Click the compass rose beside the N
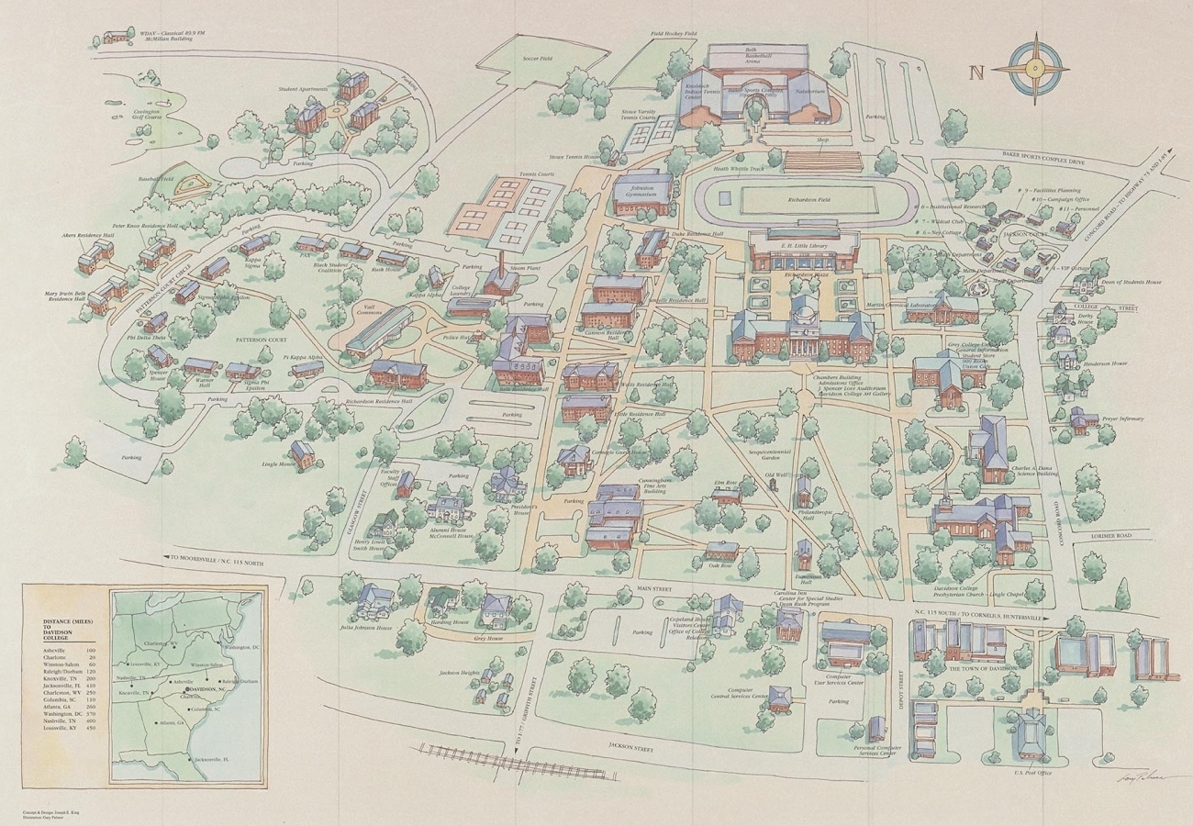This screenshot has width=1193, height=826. pyautogui.click(x=1035, y=68)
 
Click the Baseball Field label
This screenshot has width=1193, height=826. pyautogui.click(x=156, y=179)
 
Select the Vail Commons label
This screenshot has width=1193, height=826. pyautogui.click(x=365, y=310)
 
